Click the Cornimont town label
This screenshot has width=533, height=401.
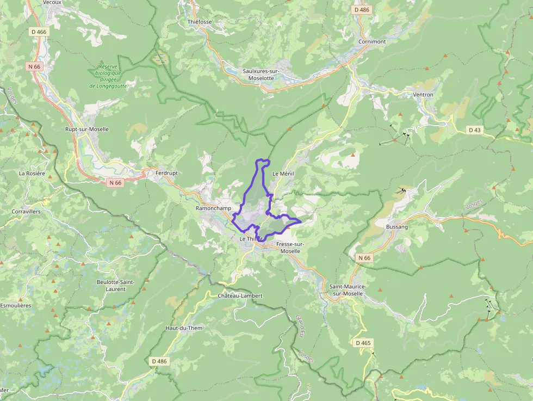pos(372,41)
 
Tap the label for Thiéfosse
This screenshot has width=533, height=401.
pos(199,22)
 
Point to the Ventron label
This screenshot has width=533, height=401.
pos(423,95)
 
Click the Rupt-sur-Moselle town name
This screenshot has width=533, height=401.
pos(87,129)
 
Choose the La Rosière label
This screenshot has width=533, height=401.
pos(32,174)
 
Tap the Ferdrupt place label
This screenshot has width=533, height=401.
pos(166,173)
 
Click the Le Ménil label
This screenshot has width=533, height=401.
pos(283,174)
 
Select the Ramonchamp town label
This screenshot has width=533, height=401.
pos(213,208)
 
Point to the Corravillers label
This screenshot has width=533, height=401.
pos(26,211)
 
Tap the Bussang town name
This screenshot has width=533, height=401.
pos(396,226)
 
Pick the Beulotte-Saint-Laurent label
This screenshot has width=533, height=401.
pos(115,285)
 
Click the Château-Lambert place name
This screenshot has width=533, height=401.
pos(240,295)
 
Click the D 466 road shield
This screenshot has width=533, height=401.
pos(39,32)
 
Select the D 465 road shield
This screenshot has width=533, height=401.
pos(363,343)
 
